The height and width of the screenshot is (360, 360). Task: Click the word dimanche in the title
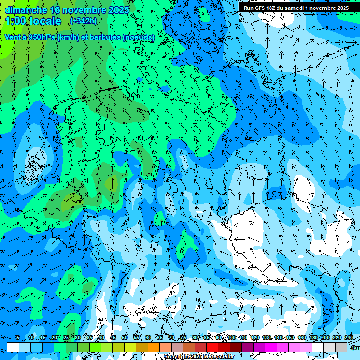click(26, 10)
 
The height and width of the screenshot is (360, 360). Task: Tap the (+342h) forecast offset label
click(83, 21)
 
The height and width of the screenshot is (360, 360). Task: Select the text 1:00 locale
click(33, 21)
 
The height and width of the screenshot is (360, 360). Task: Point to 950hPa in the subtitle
click(39, 37)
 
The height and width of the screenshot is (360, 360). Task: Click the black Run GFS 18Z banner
click(296, 8)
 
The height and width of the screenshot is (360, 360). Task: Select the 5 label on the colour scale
click(18, 338)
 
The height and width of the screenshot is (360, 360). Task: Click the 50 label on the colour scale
click(125, 338)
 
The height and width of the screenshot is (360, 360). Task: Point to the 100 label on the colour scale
click(232, 338)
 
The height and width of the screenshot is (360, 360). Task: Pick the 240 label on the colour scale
click(348, 338)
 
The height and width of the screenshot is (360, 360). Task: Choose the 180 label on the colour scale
click(313, 338)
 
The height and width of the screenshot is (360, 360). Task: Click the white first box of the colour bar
click(13, 347)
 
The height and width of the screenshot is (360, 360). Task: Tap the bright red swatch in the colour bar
click(212, 347)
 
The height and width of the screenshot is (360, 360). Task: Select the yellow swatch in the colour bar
click(130, 347)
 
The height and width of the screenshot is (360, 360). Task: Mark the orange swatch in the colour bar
click(154, 347)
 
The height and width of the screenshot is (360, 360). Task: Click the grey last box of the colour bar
click(341, 347)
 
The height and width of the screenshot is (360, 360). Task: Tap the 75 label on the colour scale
click(183, 338)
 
